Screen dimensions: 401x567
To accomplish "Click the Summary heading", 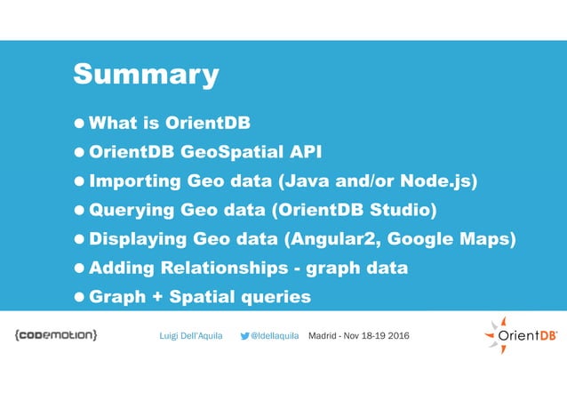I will pyautogui.click(x=146, y=74).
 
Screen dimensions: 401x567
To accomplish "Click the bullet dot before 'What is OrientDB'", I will pyautogui.click(x=80, y=124).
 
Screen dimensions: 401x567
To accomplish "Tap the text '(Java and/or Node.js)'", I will pyautogui.click(x=378, y=181).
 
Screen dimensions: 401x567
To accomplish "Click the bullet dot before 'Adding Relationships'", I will pyautogui.click(x=80, y=269).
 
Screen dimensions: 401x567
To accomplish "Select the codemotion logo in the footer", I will pyautogui.click(x=56, y=336).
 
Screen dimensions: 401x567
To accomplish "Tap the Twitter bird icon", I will pyautogui.click(x=245, y=336).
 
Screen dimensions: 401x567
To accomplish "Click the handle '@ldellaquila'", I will pyautogui.click(x=275, y=336).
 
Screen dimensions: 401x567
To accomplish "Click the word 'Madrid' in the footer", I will pyautogui.click(x=323, y=336).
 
